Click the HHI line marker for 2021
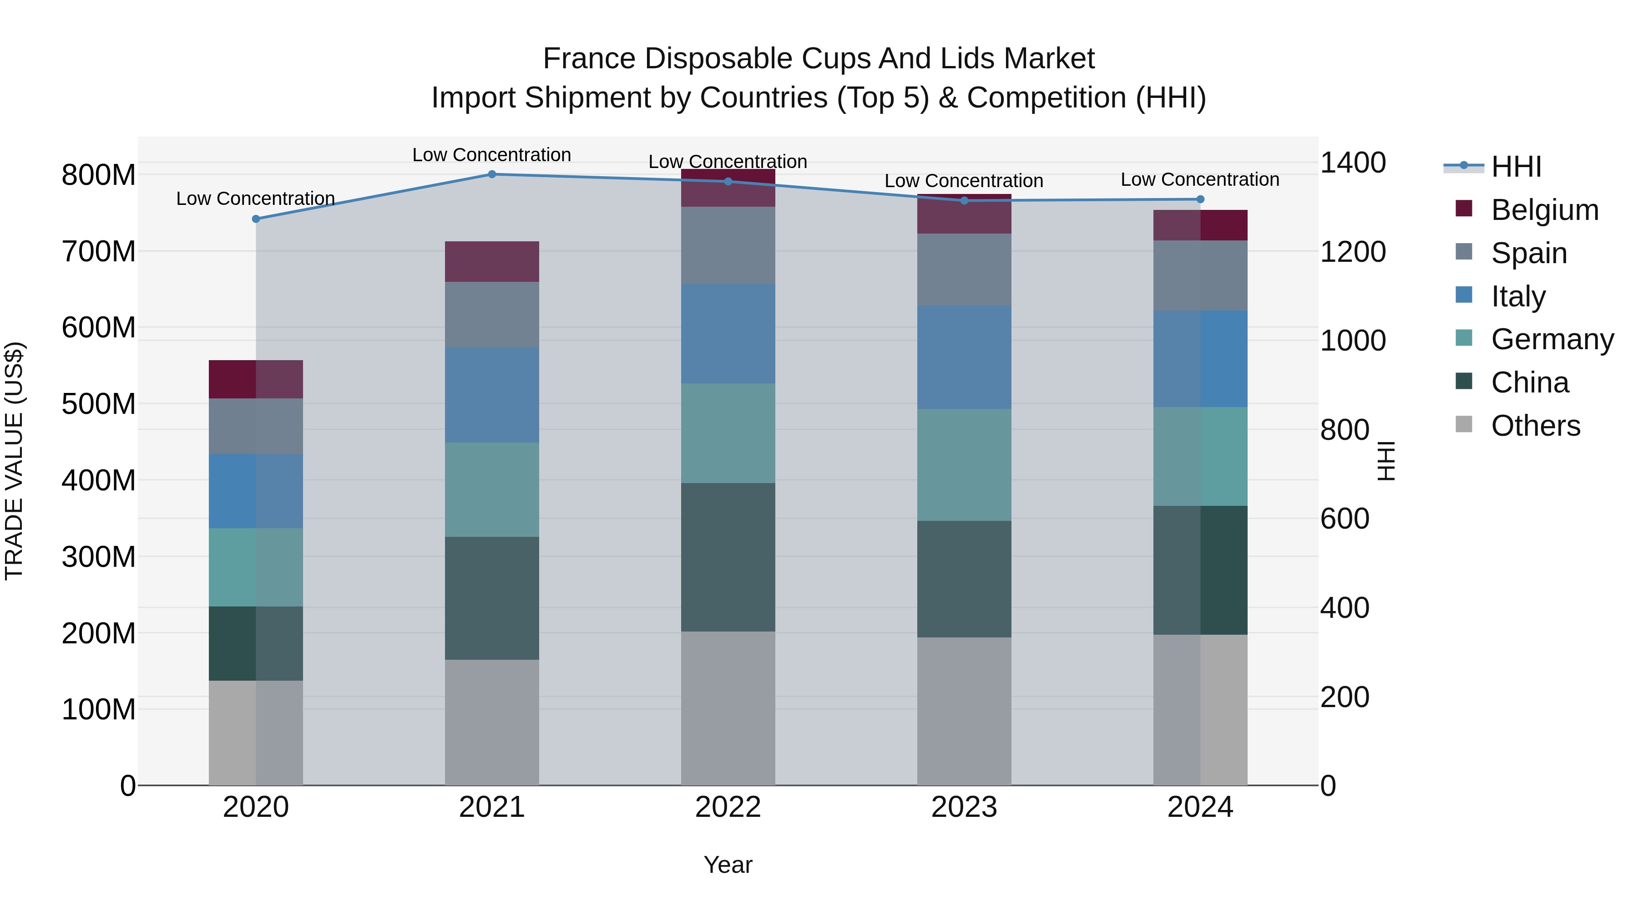pos(491,174)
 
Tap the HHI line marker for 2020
pos(256,219)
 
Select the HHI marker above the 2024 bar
pos(1200,199)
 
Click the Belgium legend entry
pos(1544,210)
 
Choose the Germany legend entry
pos(1552,339)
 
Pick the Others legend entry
pos(1535,426)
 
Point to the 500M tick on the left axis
pos(99,404)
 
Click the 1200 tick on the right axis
pos(1353,252)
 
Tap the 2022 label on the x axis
pos(728,807)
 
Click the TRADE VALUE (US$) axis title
pos(15,461)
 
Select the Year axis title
pos(728,865)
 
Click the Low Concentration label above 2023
pos(963,181)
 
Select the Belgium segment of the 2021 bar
pos(491,261)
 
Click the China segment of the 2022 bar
pos(728,557)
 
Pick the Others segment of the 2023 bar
pos(963,711)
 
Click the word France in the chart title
pos(589,59)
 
